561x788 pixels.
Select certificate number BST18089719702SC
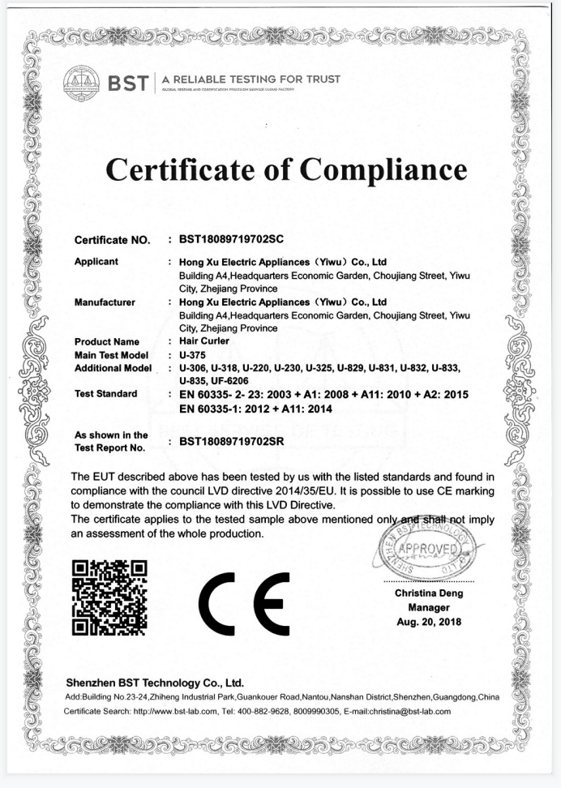231,240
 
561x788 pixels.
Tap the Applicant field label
96,262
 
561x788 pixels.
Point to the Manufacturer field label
105,302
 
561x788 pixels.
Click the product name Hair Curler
204,341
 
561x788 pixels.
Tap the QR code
109,596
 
